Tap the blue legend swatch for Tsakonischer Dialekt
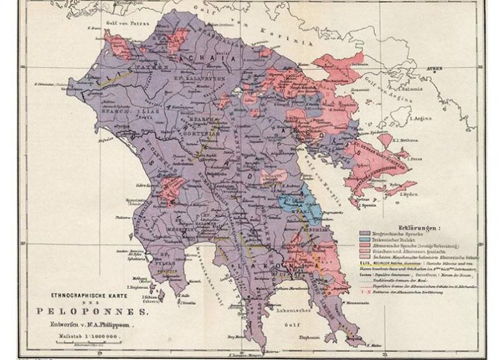coord(356,238)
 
